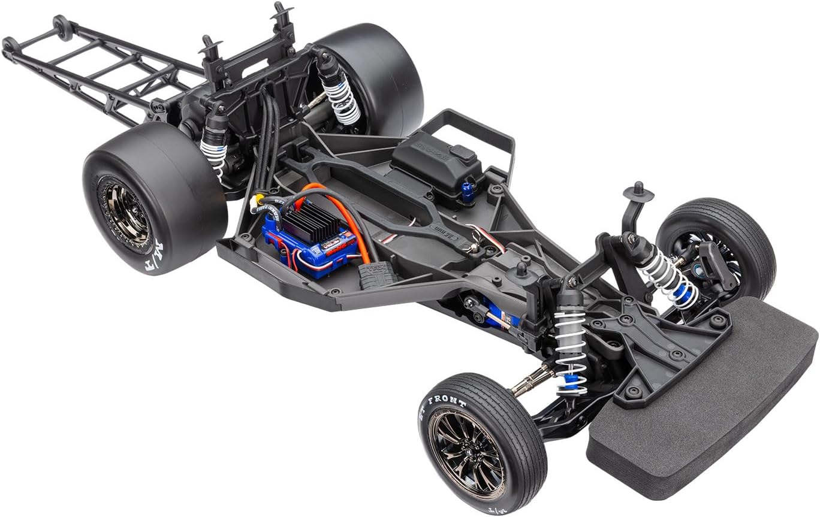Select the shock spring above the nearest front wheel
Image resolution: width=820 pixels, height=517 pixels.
click(x=569, y=347)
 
